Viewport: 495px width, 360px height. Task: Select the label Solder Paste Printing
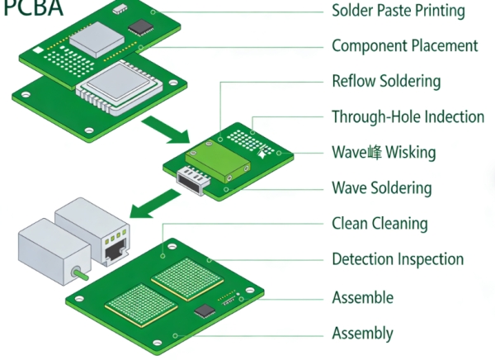point(398,11)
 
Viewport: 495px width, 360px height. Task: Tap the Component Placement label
point(404,45)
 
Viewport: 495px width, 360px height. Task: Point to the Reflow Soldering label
point(385,81)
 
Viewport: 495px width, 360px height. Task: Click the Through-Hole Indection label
point(408,116)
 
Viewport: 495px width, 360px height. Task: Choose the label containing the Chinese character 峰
point(384,152)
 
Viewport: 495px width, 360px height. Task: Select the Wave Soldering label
point(381,187)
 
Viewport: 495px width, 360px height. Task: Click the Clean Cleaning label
point(379,223)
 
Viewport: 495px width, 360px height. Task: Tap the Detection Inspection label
point(398,259)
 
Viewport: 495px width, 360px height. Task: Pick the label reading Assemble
point(362,297)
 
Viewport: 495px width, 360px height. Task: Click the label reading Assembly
point(362,334)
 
